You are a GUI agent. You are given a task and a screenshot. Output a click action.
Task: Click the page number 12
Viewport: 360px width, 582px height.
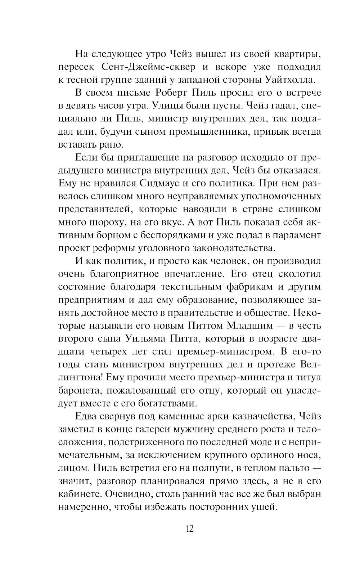189,529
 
